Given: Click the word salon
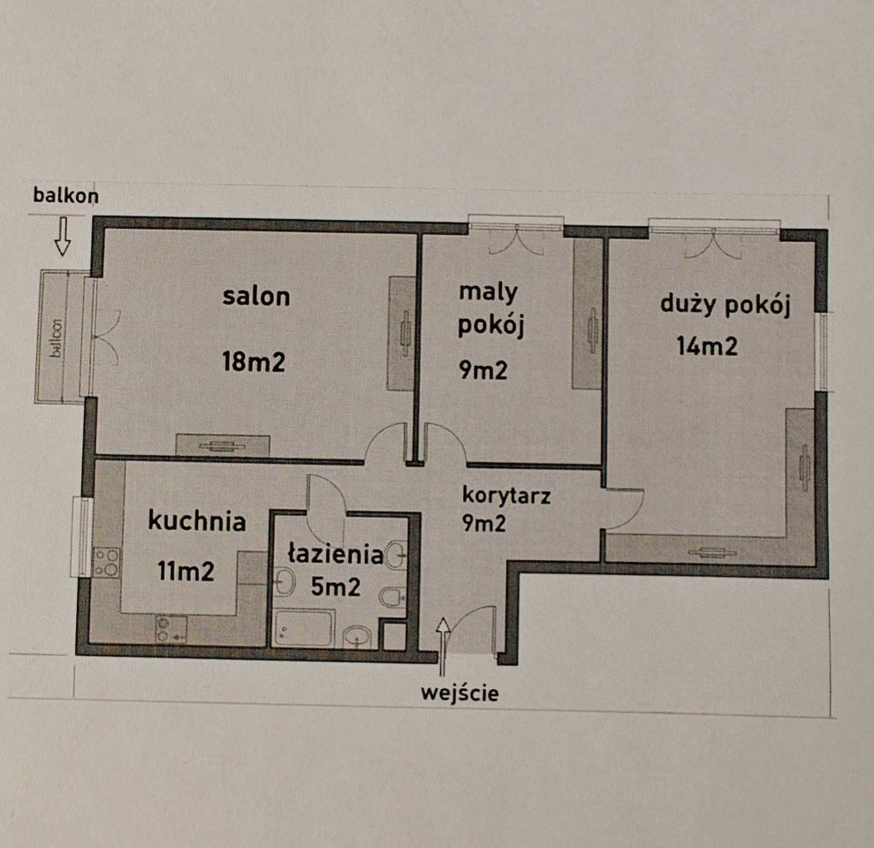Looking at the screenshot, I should (255, 296).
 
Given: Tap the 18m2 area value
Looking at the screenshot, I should (255, 361).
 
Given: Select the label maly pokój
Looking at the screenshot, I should (491, 308).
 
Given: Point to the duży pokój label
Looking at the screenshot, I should (725, 306).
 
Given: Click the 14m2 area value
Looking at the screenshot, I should (707, 345).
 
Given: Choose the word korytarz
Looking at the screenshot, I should (506, 496).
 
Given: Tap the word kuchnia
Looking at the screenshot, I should (196, 521).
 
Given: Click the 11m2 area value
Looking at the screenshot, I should (186, 571).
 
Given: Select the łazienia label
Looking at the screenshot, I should (335, 555).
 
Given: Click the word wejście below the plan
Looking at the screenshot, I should (460, 693).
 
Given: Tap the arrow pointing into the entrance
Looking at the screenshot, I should (443, 637).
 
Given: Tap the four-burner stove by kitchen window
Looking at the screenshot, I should (107, 563).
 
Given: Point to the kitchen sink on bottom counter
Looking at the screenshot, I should (171, 628).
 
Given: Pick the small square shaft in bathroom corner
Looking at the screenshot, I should (393, 636).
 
